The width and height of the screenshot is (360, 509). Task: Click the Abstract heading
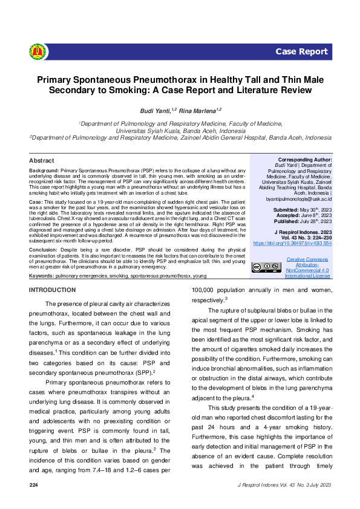(41, 161)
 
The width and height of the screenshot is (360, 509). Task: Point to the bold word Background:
(44, 171)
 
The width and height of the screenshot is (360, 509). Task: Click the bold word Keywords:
(41, 276)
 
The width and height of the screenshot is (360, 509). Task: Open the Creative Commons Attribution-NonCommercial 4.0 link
(308, 267)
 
